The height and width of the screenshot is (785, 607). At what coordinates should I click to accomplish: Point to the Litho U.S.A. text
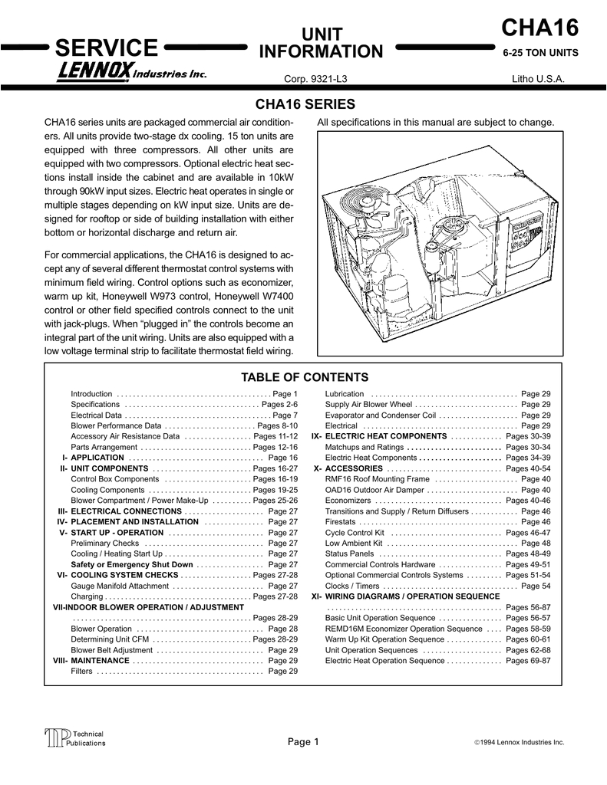(538, 80)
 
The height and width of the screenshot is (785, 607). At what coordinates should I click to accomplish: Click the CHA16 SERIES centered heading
(305, 104)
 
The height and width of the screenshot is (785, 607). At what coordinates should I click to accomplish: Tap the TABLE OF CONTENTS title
(305, 377)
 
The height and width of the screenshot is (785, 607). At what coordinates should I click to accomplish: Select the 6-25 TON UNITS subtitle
(540, 54)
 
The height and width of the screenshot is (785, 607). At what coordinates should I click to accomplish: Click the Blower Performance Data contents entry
(116, 425)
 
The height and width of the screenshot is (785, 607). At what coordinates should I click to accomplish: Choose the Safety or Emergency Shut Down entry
(132, 564)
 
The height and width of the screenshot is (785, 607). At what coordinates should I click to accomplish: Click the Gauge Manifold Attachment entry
(120, 586)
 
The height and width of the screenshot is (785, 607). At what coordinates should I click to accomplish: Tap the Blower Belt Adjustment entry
(112, 650)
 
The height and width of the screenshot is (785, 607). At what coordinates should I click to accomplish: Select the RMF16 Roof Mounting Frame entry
(378, 479)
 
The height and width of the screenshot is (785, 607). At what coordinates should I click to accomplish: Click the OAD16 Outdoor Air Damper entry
(374, 490)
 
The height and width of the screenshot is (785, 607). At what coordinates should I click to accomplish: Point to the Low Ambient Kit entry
(354, 543)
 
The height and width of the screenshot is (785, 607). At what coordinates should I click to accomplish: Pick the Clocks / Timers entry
(352, 586)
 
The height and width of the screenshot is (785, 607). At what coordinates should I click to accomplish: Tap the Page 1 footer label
(303, 741)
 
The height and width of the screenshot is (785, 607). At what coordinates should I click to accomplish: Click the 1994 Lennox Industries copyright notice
(520, 743)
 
